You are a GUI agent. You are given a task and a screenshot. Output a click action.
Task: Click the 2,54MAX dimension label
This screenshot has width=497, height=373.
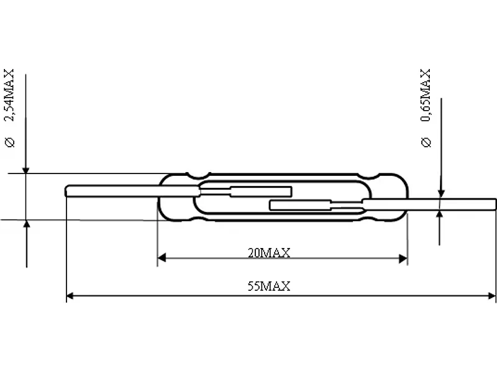click(x=9, y=95)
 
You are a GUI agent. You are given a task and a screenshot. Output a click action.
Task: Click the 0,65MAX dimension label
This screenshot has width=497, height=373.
click(x=426, y=95)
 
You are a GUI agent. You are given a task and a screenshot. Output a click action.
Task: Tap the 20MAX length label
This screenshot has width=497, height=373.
click(x=269, y=253)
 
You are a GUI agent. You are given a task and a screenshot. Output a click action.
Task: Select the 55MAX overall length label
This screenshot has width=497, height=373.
click(x=269, y=286)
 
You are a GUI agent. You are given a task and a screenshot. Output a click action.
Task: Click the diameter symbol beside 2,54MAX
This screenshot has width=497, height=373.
click(x=9, y=142)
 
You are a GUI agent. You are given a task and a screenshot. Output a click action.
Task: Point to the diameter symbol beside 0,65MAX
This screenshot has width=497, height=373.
click(x=426, y=142)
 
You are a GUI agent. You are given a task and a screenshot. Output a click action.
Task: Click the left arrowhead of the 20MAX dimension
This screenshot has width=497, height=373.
click(x=162, y=258)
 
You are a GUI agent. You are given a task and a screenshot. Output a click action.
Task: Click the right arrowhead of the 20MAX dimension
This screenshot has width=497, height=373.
click(x=403, y=259)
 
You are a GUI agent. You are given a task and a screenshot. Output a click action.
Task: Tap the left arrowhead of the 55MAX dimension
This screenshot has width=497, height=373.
click(x=70, y=296)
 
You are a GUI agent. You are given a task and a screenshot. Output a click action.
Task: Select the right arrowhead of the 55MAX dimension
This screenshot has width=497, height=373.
click(x=491, y=296)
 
